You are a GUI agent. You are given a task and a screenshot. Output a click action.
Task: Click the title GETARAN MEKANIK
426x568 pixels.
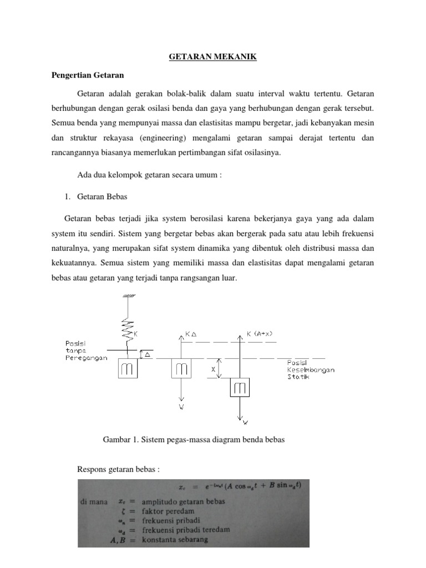[212, 57]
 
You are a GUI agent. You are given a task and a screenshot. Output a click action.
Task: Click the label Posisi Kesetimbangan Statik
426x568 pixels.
[311, 370]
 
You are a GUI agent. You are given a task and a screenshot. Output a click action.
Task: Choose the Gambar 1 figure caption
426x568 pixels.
[194, 440]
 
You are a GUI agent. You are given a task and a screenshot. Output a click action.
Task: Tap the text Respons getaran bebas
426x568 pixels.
[118, 469]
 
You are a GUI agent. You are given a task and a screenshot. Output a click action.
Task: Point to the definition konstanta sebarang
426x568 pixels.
[175, 540]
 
